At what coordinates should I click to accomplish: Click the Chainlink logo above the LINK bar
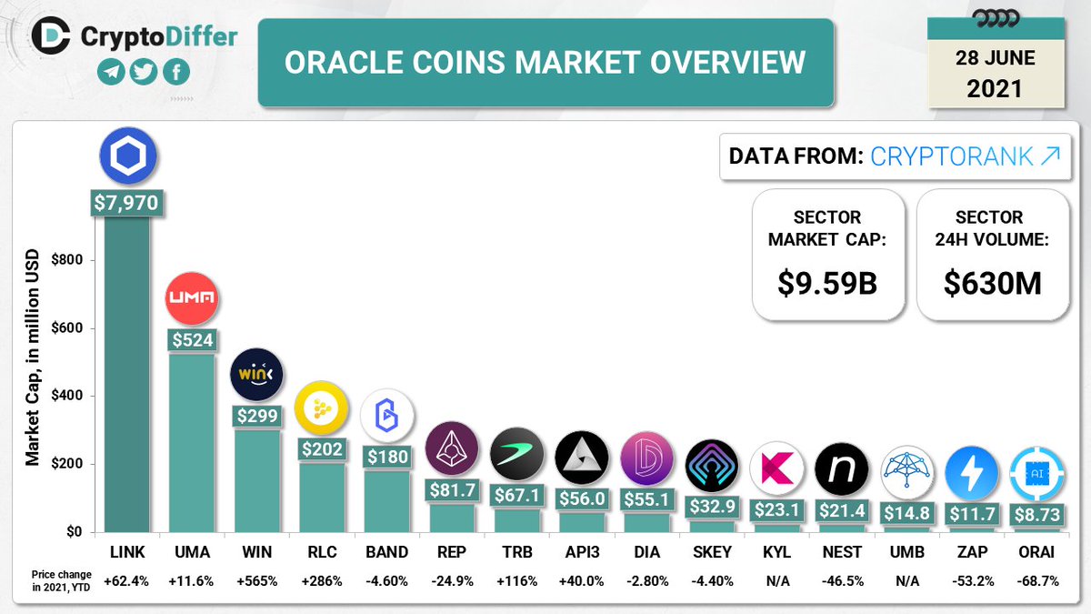click(x=127, y=156)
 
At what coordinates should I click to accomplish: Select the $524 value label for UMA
click(x=192, y=339)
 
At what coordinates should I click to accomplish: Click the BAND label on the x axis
click(x=387, y=552)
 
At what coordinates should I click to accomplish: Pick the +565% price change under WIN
click(x=257, y=580)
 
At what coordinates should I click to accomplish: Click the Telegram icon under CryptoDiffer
click(x=111, y=74)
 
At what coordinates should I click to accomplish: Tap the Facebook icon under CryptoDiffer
click(x=176, y=74)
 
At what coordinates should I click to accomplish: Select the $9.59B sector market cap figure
click(x=826, y=283)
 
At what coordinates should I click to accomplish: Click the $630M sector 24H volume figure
click(x=992, y=283)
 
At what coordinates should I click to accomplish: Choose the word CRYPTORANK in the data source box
click(x=951, y=156)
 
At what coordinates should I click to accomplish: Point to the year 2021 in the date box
click(x=995, y=89)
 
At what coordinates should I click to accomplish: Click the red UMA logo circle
click(x=192, y=298)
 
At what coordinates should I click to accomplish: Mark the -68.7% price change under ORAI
click(x=1036, y=580)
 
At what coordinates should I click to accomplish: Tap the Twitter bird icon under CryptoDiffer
click(x=144, y=74)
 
